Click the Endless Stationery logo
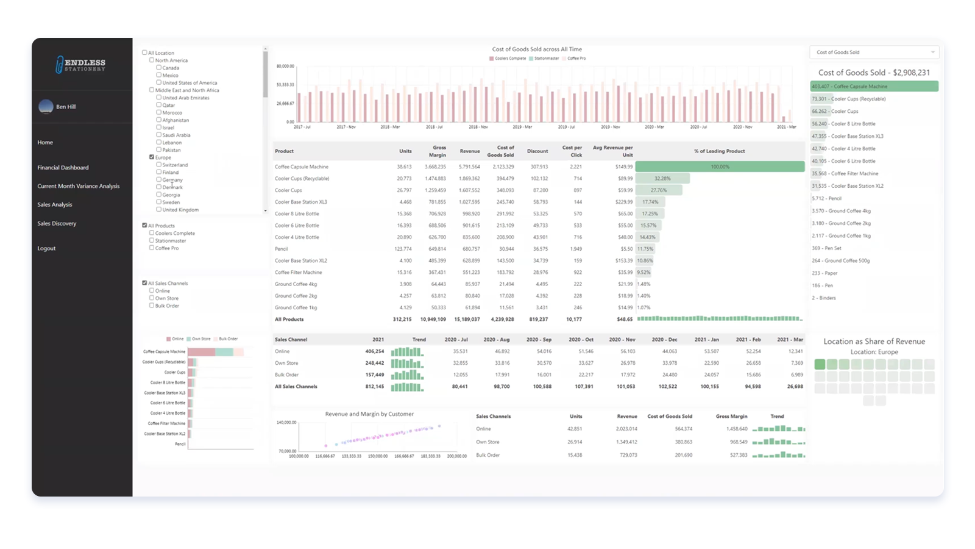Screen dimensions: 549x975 click(x=81, y=65)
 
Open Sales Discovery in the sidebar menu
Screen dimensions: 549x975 click(x=57, y=223)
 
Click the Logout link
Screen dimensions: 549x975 click(x=46, y=248)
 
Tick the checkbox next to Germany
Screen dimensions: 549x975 click(x=159, y=180)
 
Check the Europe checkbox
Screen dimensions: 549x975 click(x=152, y=157)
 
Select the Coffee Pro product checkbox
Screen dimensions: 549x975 click(x=152, y=248)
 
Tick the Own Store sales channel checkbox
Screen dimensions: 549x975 click(x=152, y=298)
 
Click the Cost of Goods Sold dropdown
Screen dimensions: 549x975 click(x=874, y=52)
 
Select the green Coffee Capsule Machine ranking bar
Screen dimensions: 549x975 click(x=874, y=87)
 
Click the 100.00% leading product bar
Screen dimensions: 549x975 click(x=720, y=167)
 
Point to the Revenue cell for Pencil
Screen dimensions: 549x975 click(x=470, y=249)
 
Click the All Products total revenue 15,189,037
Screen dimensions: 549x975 click(x=467, y=319)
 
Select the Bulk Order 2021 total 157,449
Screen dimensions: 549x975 click(x=374, y=375)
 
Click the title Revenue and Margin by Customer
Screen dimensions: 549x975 click(x=369, y=414)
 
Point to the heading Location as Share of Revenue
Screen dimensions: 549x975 click(x=874, y=342)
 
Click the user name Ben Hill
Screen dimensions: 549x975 click(x=66, y=107)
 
